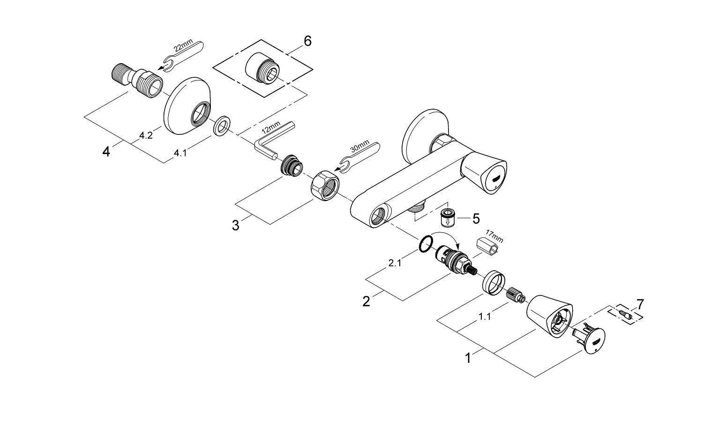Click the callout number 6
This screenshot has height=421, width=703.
pos(307,41)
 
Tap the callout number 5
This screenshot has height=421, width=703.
pos(476,218)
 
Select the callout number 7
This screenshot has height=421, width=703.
pos(640,304)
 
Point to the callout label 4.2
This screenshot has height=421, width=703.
pos(146,136)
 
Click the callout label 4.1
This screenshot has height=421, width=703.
pos(180,153)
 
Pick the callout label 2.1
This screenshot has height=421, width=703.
pos(395,263)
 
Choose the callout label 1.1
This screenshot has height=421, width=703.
pos(485,317)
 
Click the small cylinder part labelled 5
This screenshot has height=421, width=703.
pos(448,218)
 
